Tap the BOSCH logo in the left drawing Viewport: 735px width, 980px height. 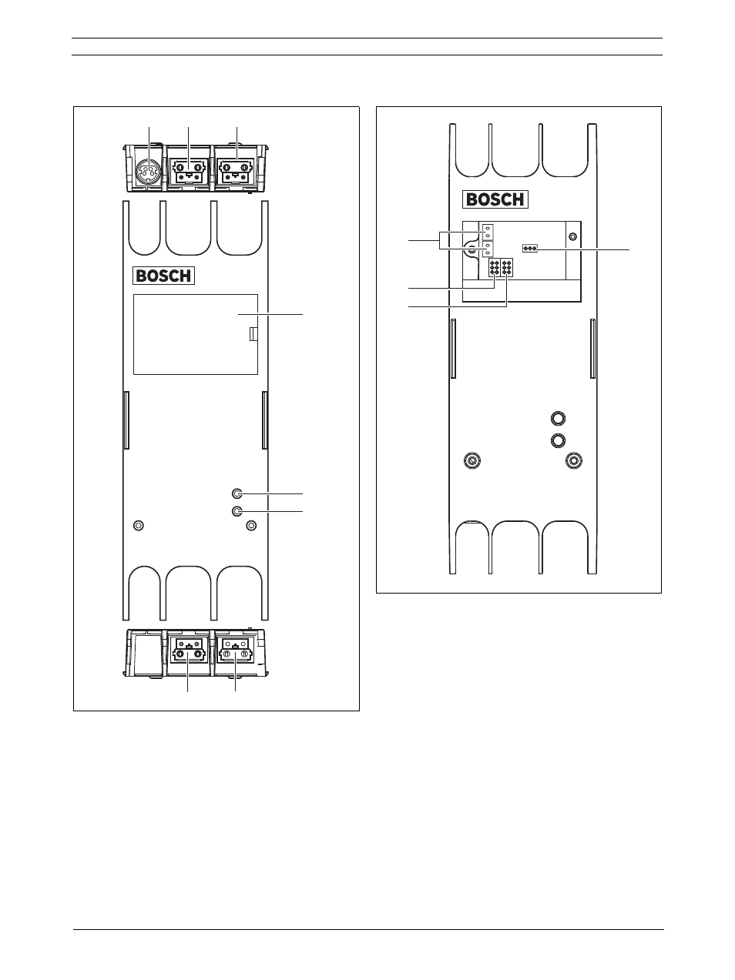[x=164, y=276]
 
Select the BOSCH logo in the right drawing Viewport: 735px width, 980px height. [x=495, y=199]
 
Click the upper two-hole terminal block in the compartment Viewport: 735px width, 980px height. [x=488, y=232]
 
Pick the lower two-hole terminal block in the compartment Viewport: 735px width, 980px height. [x=488, y=250]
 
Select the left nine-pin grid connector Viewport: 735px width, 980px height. [x=495, y=267]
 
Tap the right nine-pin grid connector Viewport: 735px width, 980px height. [x=507, y=267]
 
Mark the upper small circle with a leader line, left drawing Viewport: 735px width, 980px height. [x=237, y=493]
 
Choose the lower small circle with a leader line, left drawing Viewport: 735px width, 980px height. [x=237, y=511]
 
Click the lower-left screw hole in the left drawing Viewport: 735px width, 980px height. [x=139, y=526]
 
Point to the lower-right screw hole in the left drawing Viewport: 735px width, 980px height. [x=251, y=526]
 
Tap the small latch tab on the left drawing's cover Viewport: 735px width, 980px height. [x=253, y=334]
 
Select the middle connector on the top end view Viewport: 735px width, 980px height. [x=189, y=172]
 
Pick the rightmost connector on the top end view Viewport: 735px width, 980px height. [x=237, y=172]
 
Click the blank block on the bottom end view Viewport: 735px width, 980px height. [x=145, y=654]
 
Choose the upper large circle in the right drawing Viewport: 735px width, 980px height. [x=557, y=418]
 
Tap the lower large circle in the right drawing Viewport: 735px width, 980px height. [x=557, y=440]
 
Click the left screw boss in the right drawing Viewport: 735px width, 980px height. [x=473, y=460]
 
